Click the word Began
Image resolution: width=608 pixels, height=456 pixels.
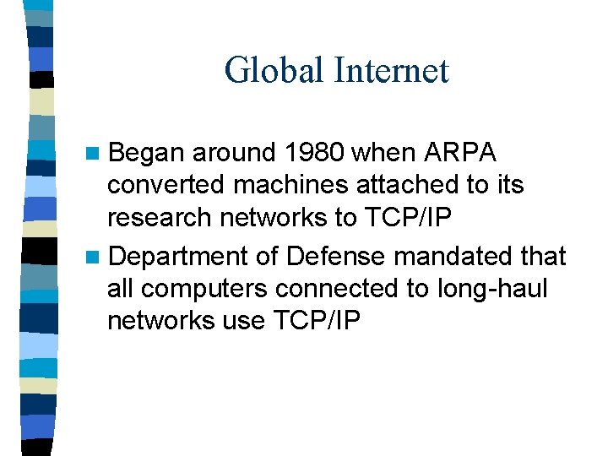[147, 153]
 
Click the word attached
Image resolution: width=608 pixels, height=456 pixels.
[390, 185]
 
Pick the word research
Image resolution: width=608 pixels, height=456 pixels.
[160, 218]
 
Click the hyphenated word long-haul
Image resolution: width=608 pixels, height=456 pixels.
[492, 288]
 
